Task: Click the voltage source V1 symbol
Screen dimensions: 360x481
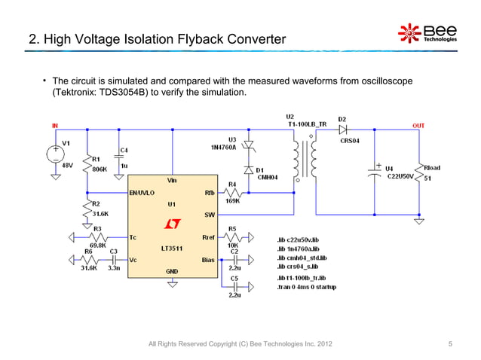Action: coord(57,154)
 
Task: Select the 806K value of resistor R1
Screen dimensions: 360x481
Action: coord(99,169)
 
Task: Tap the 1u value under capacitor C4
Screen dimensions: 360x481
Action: coord(124,166)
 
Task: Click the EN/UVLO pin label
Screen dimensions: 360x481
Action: coord(143,192)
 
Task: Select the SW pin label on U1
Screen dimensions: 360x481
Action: coord(210,215)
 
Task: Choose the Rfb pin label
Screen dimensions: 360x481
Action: coord(209,192)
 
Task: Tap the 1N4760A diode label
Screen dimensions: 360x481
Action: coord(223,148)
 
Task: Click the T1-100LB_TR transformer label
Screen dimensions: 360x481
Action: coord(307,124)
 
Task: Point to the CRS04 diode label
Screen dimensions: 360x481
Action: coord(351,139)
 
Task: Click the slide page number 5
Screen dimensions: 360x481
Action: coord(450,345)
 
